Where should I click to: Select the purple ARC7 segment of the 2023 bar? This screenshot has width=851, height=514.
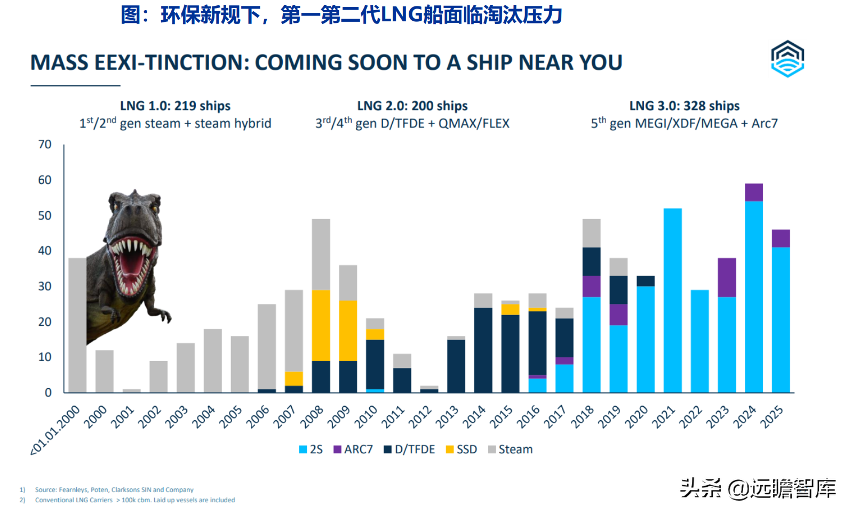click(x=726, y=277)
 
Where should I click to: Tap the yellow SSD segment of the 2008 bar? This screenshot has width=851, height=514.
click(x=321, y=325)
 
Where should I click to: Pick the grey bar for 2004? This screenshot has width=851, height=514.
click(x=212, y=360)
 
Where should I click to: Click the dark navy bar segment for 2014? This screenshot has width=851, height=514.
click(x=483, y=350)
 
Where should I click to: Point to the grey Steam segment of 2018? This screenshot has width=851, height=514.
click(x=591, y=233)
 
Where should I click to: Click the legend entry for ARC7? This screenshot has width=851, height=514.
click(x=353, y=449)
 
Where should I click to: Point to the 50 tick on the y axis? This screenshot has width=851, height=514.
click(x=45, y=215)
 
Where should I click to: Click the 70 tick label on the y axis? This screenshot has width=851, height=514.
click(x=45, y=144)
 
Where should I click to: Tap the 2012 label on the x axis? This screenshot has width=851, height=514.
click(x=419, y=417)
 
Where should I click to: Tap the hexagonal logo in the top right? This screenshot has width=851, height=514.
click(x=788, y=59)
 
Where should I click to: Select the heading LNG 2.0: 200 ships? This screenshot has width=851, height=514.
click(x=412, y=106)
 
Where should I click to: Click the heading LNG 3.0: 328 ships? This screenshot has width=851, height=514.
click(x=684, y=106)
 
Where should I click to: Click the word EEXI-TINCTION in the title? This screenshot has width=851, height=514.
click(x=172, y=63)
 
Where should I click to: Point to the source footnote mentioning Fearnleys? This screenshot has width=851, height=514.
click(x=114, y=489)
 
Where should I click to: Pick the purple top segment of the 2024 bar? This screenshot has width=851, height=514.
click(x=753, y=192)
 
